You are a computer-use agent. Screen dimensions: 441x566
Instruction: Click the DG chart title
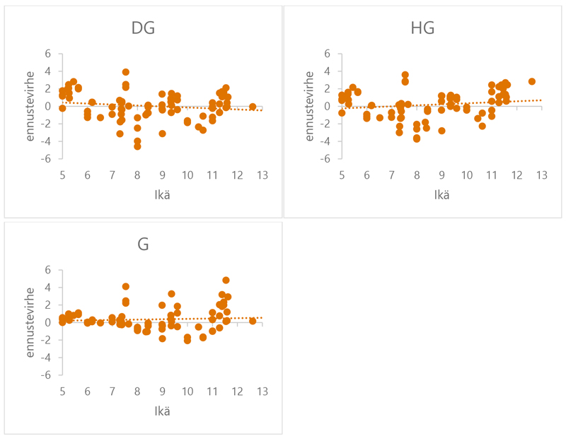coord(143,29)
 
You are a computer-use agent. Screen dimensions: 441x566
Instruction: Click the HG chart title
coord(422,29)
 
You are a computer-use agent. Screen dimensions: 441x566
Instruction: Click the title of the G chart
coord(143,245)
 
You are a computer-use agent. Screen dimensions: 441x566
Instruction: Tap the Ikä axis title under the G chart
coord(161,411)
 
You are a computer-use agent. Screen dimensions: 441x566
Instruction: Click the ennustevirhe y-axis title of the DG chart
coord(31,106)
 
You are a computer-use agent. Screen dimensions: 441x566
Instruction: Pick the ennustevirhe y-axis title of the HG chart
coord(311,106)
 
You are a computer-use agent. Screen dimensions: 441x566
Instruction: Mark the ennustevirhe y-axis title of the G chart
coord(31,322)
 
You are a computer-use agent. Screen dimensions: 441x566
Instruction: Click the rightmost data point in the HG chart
coord(532,82)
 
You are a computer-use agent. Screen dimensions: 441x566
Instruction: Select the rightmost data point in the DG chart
coord(253,107)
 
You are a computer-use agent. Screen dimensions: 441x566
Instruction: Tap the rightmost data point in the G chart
coord(253,321)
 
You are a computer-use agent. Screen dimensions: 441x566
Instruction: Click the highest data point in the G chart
coord(226,281)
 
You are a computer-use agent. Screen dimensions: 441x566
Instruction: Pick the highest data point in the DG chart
coord(126,72)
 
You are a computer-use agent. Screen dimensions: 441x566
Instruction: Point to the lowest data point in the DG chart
coord(137,146)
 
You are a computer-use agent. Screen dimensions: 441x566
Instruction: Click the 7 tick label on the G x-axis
coord(112,392)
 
